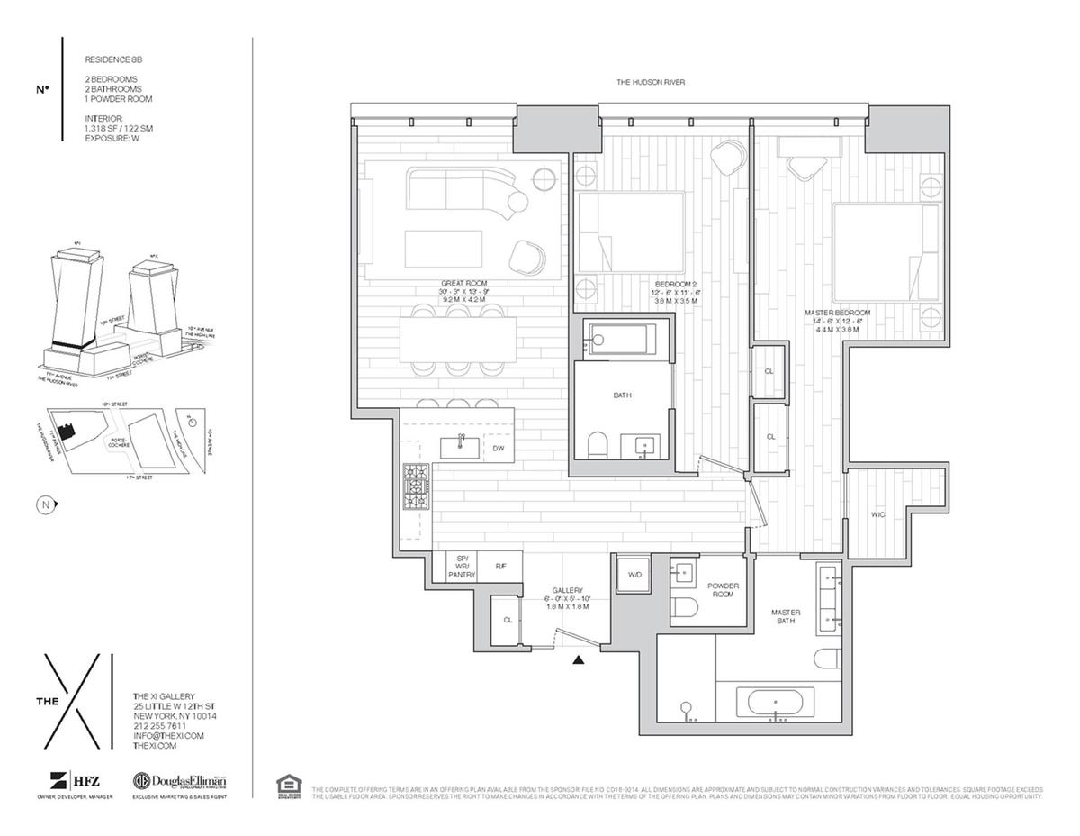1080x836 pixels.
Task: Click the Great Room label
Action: point(463,283)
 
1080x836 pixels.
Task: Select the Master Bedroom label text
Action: point(837,313)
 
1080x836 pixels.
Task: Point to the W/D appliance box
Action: point(634,575)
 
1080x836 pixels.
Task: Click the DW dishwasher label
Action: point(498,448)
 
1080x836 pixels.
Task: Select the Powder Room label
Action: point(723,589)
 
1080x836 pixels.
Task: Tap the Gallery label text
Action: point(568,591)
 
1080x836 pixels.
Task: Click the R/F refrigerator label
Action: point(500,567)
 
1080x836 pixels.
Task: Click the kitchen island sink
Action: point(459,446)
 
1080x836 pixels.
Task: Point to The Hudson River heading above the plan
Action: point(651,82)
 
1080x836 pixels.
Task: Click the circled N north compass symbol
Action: point(45,504)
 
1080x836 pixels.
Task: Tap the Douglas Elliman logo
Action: point(179,782)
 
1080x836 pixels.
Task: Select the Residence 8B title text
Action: point(113,59)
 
